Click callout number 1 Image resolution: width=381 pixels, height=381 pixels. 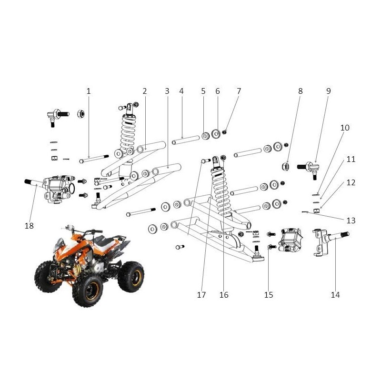coord(88,90)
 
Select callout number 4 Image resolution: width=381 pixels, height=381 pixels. coord(181,90)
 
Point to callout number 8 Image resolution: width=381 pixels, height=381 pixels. coord(301,90)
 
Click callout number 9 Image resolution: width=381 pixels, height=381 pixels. coord(328,90)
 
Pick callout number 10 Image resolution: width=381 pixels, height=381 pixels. coord(345,128)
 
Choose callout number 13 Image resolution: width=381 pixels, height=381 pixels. coord(351,221)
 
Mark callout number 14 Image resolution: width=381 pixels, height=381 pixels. coord(336,295)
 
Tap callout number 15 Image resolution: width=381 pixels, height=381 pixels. coord(269,295)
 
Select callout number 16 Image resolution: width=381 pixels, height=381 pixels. coord(224,295)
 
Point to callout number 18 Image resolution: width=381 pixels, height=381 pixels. coord(29,226)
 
